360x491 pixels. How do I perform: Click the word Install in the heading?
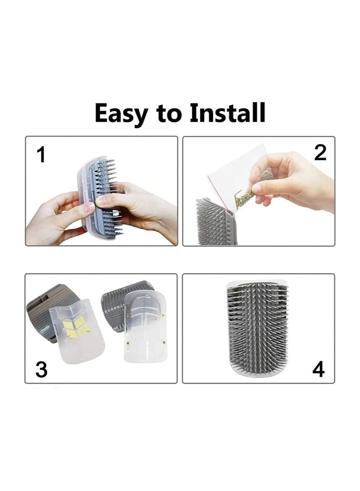coord(228,112)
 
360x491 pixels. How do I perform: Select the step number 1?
coord(41,155)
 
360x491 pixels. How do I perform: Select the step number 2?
coord(320,153)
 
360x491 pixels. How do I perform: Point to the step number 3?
coord(41,369)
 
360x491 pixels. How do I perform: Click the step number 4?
coord(318,369)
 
